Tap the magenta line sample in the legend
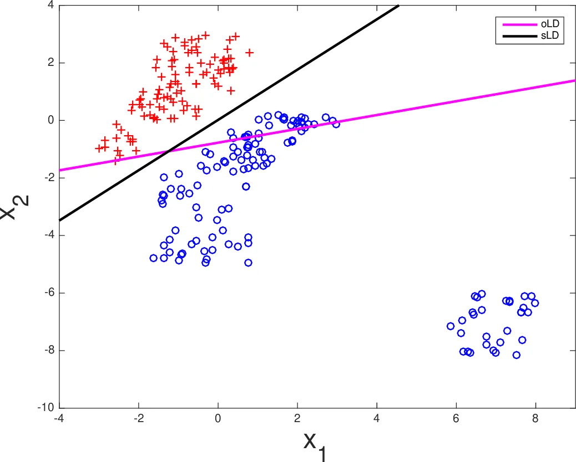click(518, 24)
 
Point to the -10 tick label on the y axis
click(47, 408)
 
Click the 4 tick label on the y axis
click(50, 5)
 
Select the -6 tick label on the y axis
click(49, 292)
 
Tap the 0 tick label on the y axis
click(50, 120)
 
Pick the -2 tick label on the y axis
click(49, 178)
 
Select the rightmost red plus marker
click(249, 53)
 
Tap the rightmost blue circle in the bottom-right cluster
click(535, 302)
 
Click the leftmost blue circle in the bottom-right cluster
click(451, 326)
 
